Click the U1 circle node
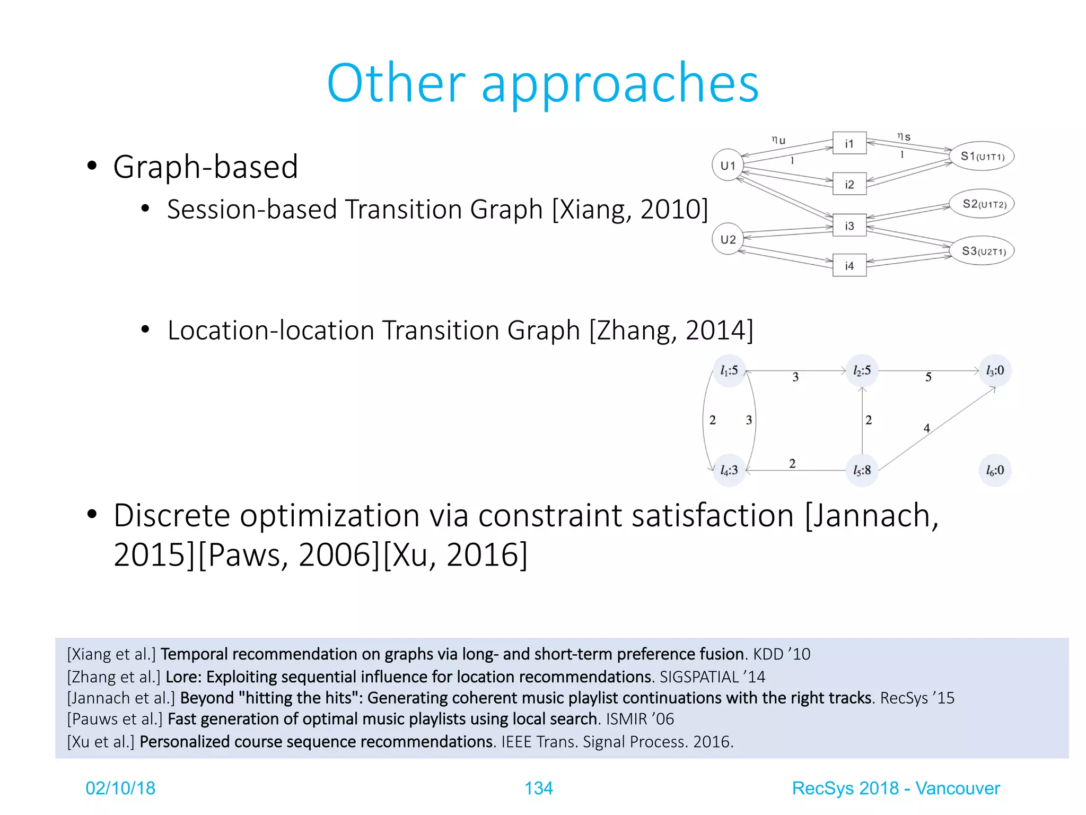click(728, 165)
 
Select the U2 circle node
click(728, 239)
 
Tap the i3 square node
click(849, 226)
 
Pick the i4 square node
click(849, 265)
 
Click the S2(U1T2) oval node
click(982, 204)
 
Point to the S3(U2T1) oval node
click(982, 251)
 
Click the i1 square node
click(849, 143)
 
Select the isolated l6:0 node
click(995, 470)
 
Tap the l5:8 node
click(862, 470)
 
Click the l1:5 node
click(729, 370)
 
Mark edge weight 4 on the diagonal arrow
click(926, 428)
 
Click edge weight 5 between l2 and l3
click(928, 377)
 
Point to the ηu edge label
click(778, 140)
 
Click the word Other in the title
click(396, 83)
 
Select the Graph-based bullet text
click(205, 167)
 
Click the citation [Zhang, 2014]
click(671, 330)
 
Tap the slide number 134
click(538, 788)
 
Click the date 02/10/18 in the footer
click(120, 788)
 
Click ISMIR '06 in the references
click(640, 719)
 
